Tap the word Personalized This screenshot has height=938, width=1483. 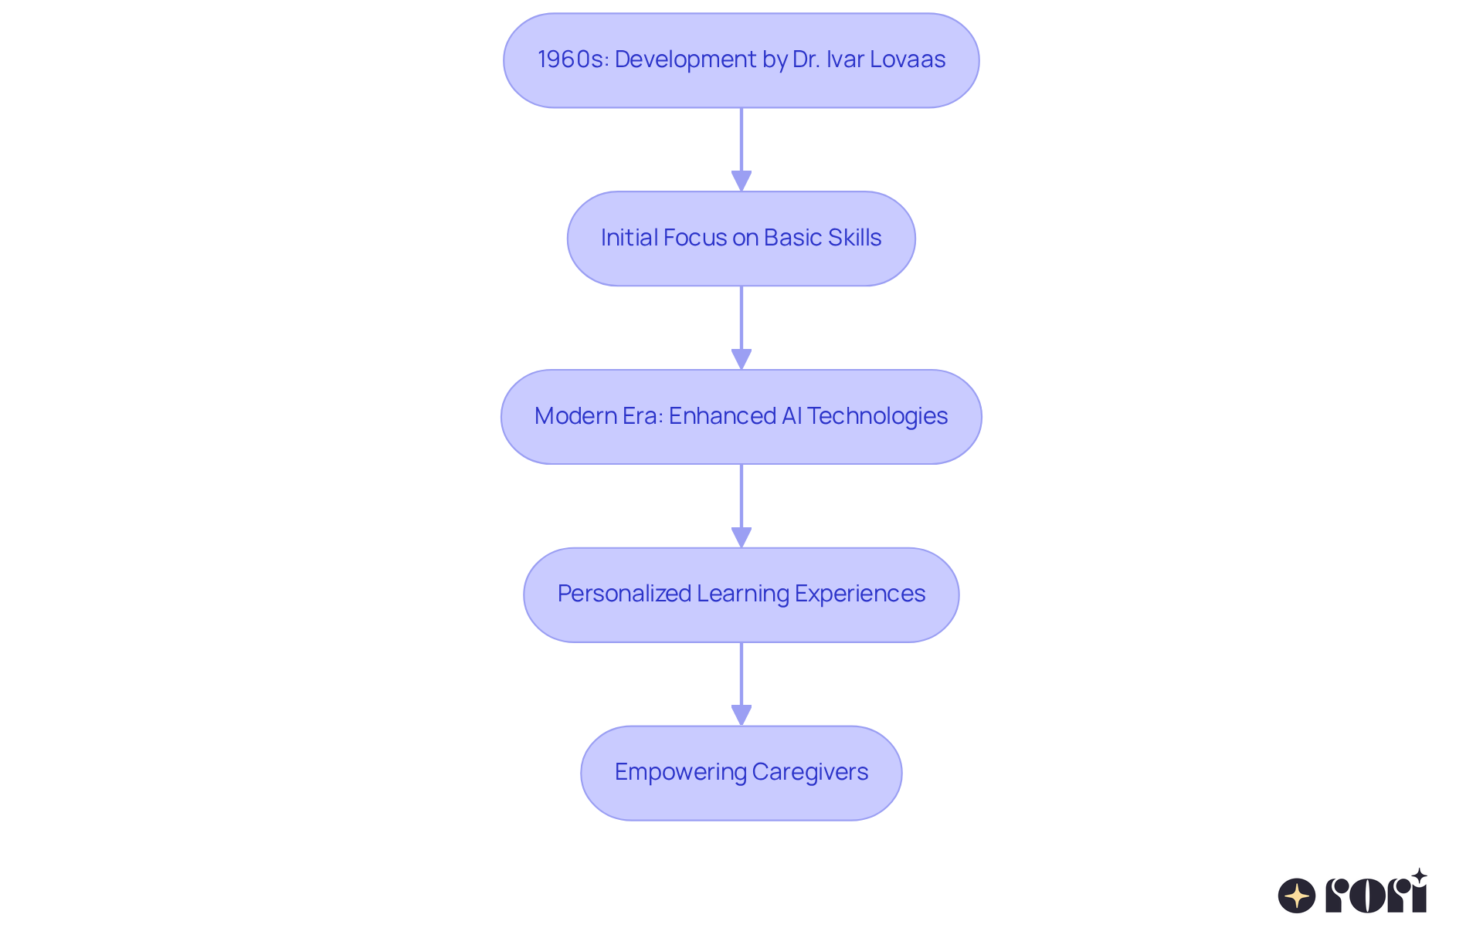click(x=624, y=594)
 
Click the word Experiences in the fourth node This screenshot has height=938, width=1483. click(x=860, y=594)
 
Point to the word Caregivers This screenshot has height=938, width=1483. click(x=810, y=772)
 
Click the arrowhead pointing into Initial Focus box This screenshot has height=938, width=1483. click(x=741, y=181)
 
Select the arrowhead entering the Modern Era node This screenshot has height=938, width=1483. click(x=741, y=359)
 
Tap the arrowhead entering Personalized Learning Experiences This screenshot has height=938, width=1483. click(x=741, y=537)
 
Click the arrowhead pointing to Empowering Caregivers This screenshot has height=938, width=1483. click(x=741, y=715)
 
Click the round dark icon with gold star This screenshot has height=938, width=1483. click(x=1297, y=896)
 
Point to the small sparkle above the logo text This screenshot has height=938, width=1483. click(x=1419, y=876)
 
